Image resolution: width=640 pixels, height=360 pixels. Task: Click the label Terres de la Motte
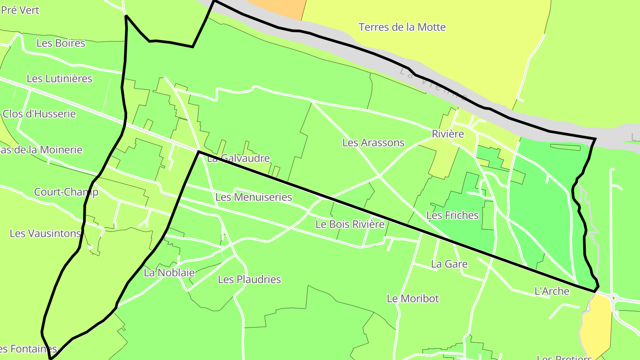tap(402, 27)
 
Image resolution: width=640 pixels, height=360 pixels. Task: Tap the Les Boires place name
tap(60, 43)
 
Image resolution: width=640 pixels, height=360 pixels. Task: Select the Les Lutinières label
tap(60, 79)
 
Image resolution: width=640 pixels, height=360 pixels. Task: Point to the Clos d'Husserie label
tap(39, 114)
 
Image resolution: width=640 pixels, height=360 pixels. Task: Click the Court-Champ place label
tap(66, 192)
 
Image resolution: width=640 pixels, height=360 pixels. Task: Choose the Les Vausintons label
tap(45, 233)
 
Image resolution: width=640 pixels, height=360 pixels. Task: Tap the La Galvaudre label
tap(239, 158)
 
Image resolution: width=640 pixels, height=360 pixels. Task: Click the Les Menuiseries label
tap(253, 197)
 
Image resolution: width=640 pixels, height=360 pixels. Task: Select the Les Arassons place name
tap(373, 143)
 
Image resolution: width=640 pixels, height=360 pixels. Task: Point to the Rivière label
tap(448, 134)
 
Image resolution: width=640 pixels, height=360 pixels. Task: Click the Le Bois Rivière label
tap(350, 224)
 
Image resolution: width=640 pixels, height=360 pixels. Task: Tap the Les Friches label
tap(452, 215)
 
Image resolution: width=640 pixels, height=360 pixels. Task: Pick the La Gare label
tap(449, 264)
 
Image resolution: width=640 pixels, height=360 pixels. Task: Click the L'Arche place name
tap(552, 291)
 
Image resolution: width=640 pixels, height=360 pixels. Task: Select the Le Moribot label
tap(412, 298)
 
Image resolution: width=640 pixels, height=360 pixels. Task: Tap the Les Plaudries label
tap(249, 280)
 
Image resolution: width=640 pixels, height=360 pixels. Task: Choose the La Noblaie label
tap(169, 273)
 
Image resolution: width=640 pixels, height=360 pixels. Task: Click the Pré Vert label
tap(20, 10)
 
